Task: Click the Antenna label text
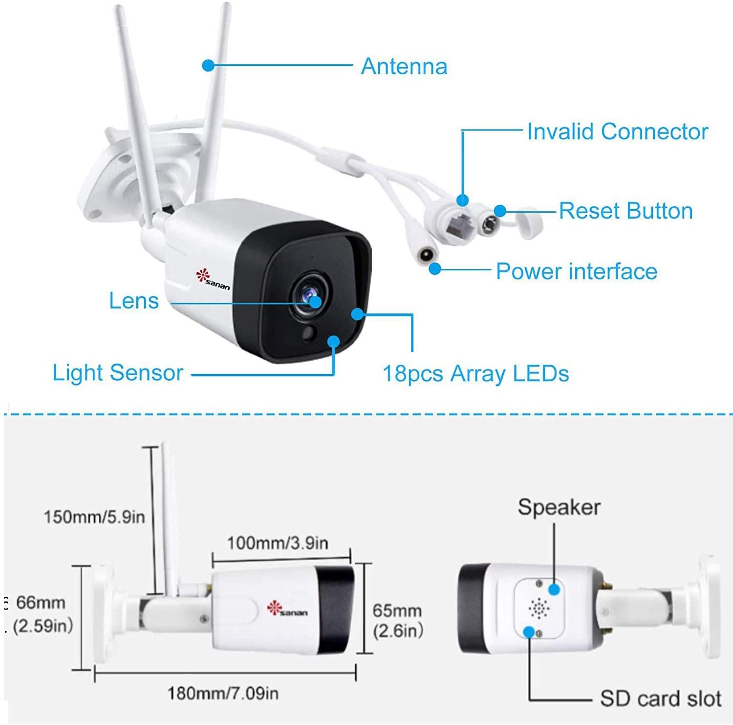(x=404, y=66)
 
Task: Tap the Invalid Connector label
(x=617, y=132)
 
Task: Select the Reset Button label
(x=625, y=211)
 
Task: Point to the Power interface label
(x=577, y=271)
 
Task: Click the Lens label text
(x=134, y=301)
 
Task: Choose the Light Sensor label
(x=118, y=373)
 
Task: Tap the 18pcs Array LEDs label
(x=476, y=374)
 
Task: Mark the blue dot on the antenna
(x=209, y=65)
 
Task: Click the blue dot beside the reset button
(x=499, y=211)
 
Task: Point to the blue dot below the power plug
(x=434, y=268)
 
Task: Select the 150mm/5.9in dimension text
(x=94, y=517)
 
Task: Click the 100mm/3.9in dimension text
(x=278, y=543)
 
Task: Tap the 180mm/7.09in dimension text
(x=223, y=693)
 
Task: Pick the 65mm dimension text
(x=397, y=611)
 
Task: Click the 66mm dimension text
(x=41, y=602)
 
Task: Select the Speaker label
(x=559, y=507)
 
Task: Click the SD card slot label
(x=661, y=699)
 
